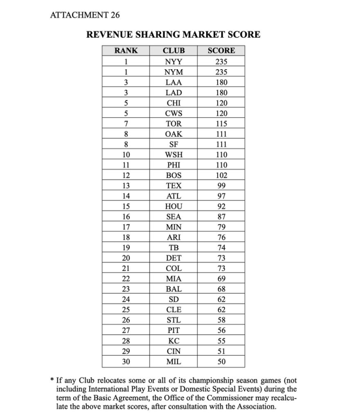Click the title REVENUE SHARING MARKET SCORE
[173, 35]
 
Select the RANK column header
[126, 51]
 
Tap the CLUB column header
[173, 51]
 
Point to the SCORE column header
[221, 51]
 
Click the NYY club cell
[173, 61]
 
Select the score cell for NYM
[221, 72]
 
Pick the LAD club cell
[173, 93]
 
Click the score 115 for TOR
[221, 124]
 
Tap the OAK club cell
[173, 134]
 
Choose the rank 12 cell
[126, 175]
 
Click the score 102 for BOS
[221, 175]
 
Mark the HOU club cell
[173, 206]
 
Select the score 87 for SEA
[221, 217]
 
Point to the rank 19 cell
[126, 248]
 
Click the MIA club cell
[173, 279]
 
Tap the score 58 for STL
[221, 320]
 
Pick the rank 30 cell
[126, 361]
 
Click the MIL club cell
[173, 361]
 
